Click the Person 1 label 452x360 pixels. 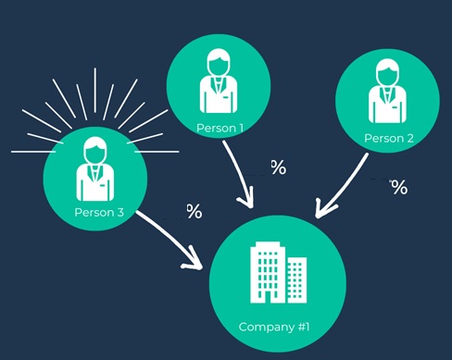click(220, 128)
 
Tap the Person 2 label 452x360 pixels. click(389, 138)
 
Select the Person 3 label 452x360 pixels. click(99, 212)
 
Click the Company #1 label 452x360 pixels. click(274, 327)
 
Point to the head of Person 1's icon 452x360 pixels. click(219, 62)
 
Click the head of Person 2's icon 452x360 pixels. click(387, 72)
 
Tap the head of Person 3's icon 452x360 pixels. click(95, 150)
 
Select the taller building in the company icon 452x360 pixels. click(268, 272)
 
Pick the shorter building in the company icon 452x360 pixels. click(297, 279)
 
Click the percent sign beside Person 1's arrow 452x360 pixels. click(279, 168)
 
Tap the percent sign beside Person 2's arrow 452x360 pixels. click(399, 187)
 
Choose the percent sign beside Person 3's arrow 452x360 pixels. click(195, 211)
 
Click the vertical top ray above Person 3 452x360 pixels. click(95, 90)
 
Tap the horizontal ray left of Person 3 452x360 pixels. click(33, 152)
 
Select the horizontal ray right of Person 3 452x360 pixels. click(157, 152)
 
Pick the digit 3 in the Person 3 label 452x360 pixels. click(120, 212)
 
